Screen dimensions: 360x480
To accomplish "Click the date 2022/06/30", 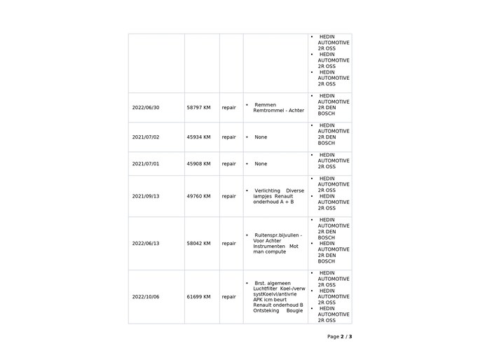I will coord(146,108).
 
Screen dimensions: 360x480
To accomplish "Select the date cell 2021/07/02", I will coord(146,137).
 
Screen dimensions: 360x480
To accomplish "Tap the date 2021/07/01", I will coord(146,164).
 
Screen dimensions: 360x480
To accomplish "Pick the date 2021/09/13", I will coord(146,196).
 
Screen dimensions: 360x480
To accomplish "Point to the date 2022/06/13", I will coord(146,244).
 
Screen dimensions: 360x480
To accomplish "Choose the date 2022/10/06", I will coord(146,297).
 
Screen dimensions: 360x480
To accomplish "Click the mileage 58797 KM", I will coord(198,108).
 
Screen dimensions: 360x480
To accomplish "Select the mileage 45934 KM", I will coord(198,137).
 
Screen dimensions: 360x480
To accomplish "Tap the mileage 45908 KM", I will coord(198,164).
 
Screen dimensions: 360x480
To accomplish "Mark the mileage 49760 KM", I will coord(198,196).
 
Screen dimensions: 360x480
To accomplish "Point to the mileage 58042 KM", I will coord(198,244).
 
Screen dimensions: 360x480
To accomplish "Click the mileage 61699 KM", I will coord(198,297).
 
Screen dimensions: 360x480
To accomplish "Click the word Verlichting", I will coord(267,191).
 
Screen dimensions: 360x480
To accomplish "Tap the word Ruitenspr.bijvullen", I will coord(277,235).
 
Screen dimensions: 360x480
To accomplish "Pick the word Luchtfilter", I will coord(265,289).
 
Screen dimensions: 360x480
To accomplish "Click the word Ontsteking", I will coord(266,310).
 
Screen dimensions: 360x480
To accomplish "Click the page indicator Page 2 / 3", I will coord(339,337).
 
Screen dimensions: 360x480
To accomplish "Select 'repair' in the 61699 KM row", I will coord(228,297).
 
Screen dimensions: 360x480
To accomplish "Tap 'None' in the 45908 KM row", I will coord(261,164).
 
